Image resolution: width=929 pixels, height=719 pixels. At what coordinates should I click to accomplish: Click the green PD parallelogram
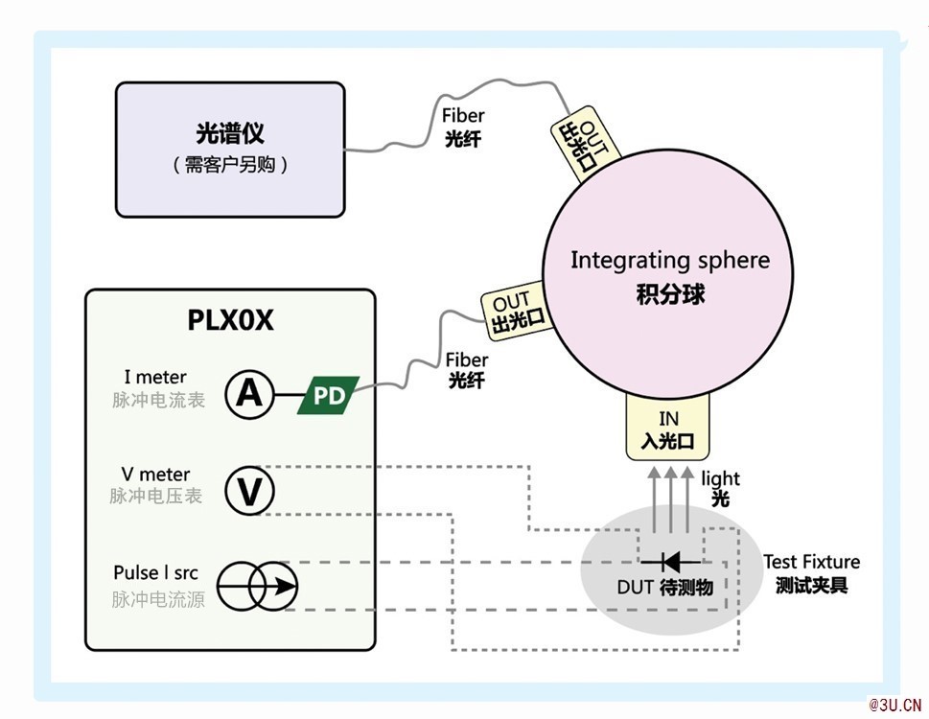328,395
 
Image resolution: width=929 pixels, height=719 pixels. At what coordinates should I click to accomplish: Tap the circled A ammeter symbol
249,394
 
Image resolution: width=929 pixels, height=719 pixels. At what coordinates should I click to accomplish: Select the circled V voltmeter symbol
249,491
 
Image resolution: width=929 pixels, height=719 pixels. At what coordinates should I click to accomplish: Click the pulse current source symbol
257,587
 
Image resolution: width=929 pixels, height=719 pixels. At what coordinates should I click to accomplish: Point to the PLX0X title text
230,320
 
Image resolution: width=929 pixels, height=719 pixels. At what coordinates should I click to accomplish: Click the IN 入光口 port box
667,427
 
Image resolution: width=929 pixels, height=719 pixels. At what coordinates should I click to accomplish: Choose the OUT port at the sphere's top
584,144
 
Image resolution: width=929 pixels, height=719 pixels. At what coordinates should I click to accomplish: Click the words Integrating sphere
670,261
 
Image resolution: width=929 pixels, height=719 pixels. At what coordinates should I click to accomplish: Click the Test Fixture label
811,562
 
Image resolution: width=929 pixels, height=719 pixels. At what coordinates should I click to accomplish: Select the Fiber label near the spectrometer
463,115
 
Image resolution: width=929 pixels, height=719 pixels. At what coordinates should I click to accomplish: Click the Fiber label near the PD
467,360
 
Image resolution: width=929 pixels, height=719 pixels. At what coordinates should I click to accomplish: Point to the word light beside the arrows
720,478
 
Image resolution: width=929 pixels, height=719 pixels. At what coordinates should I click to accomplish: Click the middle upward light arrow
671,499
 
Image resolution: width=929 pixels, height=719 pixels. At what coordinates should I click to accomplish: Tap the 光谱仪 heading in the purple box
230,133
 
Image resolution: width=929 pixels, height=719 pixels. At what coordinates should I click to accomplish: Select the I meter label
155,378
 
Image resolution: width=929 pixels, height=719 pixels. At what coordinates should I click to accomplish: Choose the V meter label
155,475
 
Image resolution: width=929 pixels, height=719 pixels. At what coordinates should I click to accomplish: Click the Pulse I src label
156,572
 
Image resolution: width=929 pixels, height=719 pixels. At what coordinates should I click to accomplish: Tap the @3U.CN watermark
894,705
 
